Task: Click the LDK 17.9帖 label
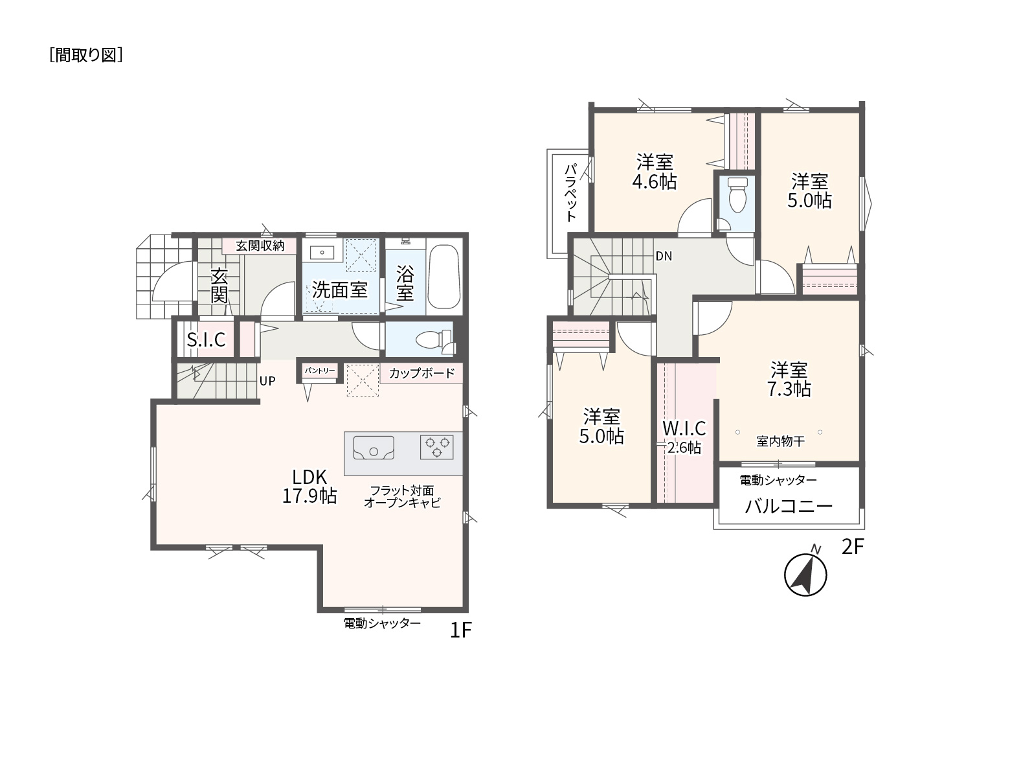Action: pyautogui.click(x=309, y=486)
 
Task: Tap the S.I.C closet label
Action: pyautogui.click(x=206, y=339)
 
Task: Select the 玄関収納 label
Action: pyautogui.click(x=260, y=246)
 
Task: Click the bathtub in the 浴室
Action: pyautogui.click(x=443, y=277)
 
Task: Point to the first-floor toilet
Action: pyautogui.click(x=434, y=341)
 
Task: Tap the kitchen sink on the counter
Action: pyautogui.click(x=373, y=448)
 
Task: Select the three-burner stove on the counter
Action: pyautogui.click(x=436, y=447)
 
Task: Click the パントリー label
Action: pyautogui.click(x=319, y=371)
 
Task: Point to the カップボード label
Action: pyautogui.click(x=421, y=373)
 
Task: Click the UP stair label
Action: pyautogui.click(x=267, y=381)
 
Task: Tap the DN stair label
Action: pyautogui.click(x=664, y=257)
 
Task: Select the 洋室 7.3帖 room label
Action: pyautogui.click(x=789, y=379)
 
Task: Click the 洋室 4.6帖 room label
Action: pyautogui.click(x=655, y=172)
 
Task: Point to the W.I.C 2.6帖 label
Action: pyautogui.click(x=684, y=438)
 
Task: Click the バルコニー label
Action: pyautogui.click(x=789, y=507)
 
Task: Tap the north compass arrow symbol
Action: pyautogui.click(x=805, y=574)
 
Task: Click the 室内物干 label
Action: pyautogui.click(x=780, y=441)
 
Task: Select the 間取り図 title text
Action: pyautogui.click(x=86, y=55)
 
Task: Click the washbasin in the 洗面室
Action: pyautogui.click(x=322, y=253)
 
